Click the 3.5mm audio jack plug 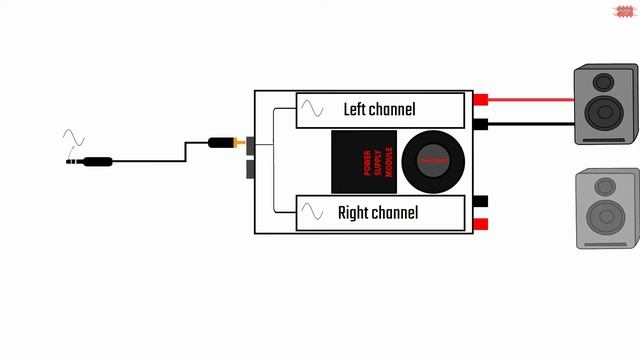(90, 160)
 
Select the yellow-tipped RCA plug (225, 143)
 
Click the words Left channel (379, 108)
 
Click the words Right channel (377, 212)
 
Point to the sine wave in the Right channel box (313, 212)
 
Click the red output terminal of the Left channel (480, 99)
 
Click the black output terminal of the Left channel (480, 124)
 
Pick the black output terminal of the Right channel (480, 201)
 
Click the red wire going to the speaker (530, 99)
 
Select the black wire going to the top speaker (530, 125)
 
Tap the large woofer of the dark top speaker (605, 112)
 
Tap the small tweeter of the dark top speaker (603, 81)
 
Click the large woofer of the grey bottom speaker (604, 216)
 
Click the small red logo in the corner (620, 11)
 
